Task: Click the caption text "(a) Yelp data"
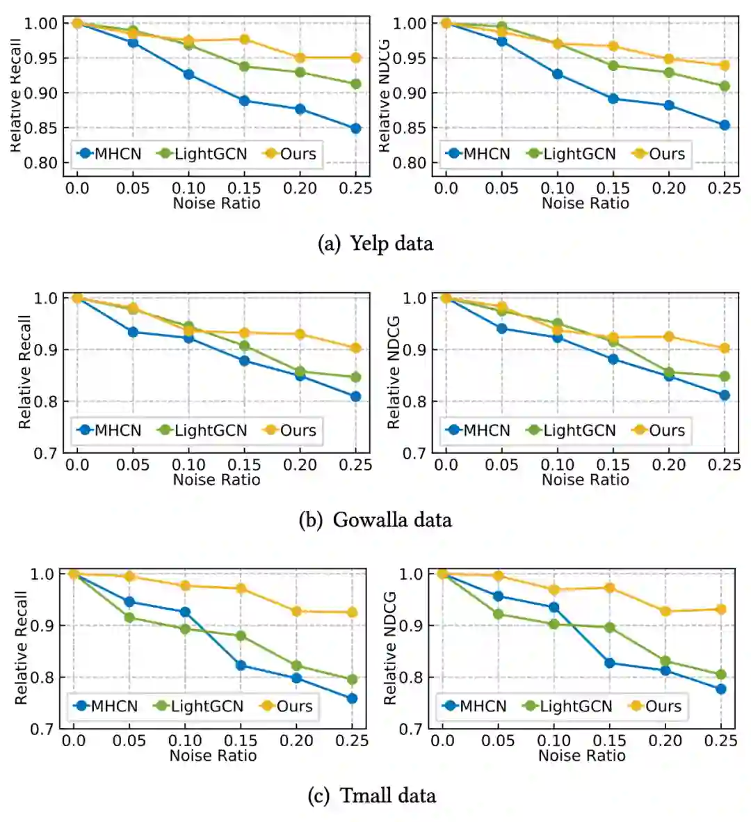point(375,244)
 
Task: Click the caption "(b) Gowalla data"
point(375,520)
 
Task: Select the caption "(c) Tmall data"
point(372,796)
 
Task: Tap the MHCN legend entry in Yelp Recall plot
point(110,154)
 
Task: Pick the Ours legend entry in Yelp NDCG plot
point(659,154)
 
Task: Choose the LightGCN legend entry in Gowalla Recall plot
point(202,430)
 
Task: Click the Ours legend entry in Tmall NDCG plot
point(655,706)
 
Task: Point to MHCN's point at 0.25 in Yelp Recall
point(356,129)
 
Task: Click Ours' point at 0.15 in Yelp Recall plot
point(245,40)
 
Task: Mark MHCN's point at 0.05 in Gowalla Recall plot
point(133,332)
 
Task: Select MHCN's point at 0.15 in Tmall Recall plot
point(241,665)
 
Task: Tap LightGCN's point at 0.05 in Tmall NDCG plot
point(499,614)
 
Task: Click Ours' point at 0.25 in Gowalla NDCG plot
point(725,348)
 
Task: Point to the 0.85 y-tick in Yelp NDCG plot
point(409,128)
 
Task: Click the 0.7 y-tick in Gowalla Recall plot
point(46,454)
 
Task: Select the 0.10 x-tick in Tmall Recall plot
point(185,741)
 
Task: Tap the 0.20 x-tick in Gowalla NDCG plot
point(669,465)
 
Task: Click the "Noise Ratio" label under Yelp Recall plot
point(216,203)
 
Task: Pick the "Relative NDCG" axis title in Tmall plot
point(390,647)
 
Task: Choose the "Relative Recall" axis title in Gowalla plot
point(25,372)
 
